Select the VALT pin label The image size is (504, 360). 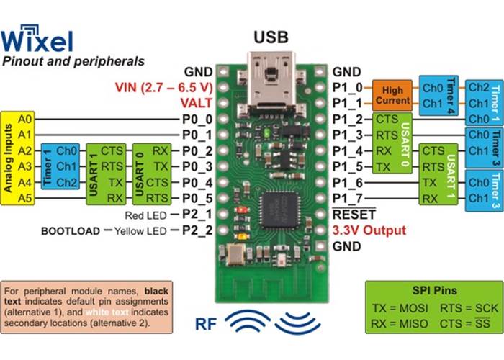pyautogui.click(x=196, y=104)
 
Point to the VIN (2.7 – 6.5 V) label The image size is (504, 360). pyautogui.click(x=164, y=88)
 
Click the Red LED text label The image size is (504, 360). pyautogui.click(x=147, y=215)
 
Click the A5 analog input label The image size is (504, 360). pyautogui.click(x=25, y=199)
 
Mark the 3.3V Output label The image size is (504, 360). pyautogui.click(x=369, y=230)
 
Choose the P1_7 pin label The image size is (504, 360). pyautogui.click(x=346, y=199)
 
